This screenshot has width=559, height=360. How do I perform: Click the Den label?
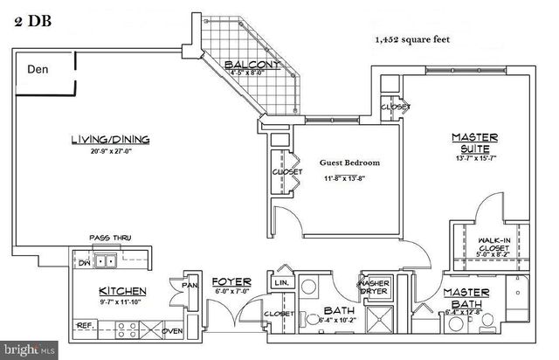coord(37,70)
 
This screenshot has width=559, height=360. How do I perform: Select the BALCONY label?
coord(252,66)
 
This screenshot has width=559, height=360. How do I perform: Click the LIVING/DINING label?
coord(109,139)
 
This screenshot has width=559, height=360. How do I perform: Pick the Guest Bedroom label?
coord(349,163)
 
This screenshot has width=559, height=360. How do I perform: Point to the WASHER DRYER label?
coord(374,288)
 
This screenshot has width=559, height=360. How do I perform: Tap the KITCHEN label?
coord(122,290)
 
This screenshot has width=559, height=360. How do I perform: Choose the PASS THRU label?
coord(110,238)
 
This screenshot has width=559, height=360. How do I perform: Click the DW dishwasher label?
coord(84,260)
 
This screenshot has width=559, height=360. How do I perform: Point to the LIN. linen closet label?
coord(282,282)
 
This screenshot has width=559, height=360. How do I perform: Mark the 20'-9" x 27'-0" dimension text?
coord(109,151)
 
